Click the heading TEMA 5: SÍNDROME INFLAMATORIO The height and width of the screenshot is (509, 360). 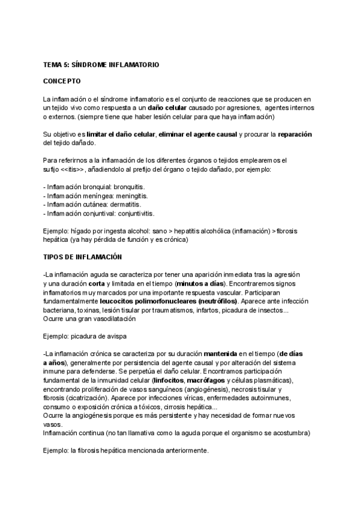point(101,64)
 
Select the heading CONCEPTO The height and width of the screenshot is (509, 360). point(63,80)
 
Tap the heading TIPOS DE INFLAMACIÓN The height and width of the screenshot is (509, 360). point(83,257)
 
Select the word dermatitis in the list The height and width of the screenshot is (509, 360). point(119,204)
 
